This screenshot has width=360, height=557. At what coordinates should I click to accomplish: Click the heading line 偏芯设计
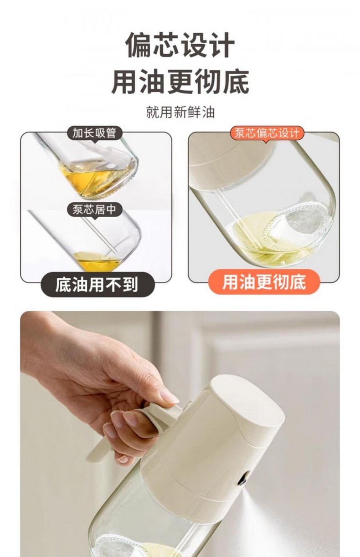click(180, 45)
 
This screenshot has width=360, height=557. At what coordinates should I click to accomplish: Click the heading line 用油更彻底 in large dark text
click(180, 82)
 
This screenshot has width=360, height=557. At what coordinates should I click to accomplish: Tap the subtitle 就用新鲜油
click(180, 112)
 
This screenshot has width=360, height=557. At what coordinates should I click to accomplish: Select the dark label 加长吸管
click(94, 133)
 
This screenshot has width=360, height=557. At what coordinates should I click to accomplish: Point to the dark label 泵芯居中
click(94, 210)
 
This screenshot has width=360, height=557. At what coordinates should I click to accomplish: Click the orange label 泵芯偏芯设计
click(267, 133)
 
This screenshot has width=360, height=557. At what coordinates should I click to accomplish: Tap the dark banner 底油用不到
click(97, 285)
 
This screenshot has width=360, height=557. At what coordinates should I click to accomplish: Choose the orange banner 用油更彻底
click(264, 282)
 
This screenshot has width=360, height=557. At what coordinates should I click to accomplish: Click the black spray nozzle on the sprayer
click(243, 481)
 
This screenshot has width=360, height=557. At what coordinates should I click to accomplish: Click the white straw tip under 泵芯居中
click(115, 252)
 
